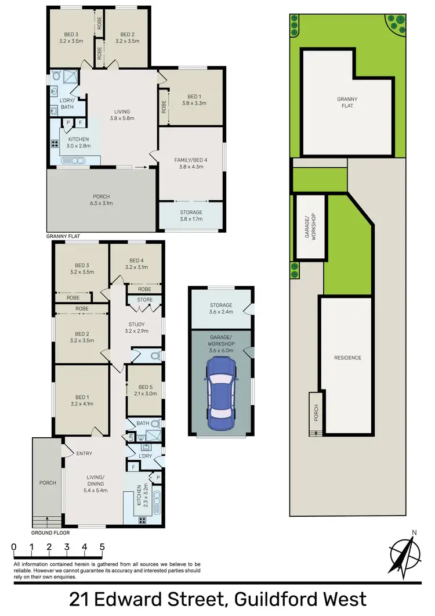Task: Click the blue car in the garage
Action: tap(221, 390)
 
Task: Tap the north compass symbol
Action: tap(404, 555)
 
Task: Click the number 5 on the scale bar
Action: tap(102, 547)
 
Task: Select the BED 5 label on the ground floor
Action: tap(144, 391)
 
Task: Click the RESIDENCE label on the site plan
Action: tap(347, 358)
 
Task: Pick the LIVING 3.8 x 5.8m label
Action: tap(122, 115)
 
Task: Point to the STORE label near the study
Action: tap(145, 300)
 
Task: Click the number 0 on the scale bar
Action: tap(13, 547)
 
